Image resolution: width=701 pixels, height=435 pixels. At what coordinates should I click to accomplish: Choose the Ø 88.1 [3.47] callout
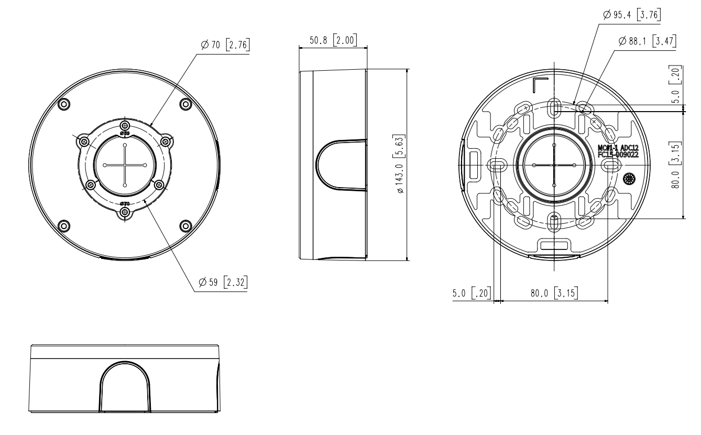pyautogui.click(x=647, y=41)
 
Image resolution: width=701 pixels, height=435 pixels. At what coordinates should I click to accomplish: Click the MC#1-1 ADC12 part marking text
pyautogui.click(x=618, y=148)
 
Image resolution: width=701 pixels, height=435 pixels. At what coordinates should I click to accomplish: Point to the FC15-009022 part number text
pyautogui.click(x=618, y=155)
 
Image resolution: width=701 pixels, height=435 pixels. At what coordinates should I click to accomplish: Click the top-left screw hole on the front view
pyautogui.click(x=63, y=103)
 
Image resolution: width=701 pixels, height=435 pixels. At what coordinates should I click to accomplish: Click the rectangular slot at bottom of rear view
pyautogui.click(x=554, y=245)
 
